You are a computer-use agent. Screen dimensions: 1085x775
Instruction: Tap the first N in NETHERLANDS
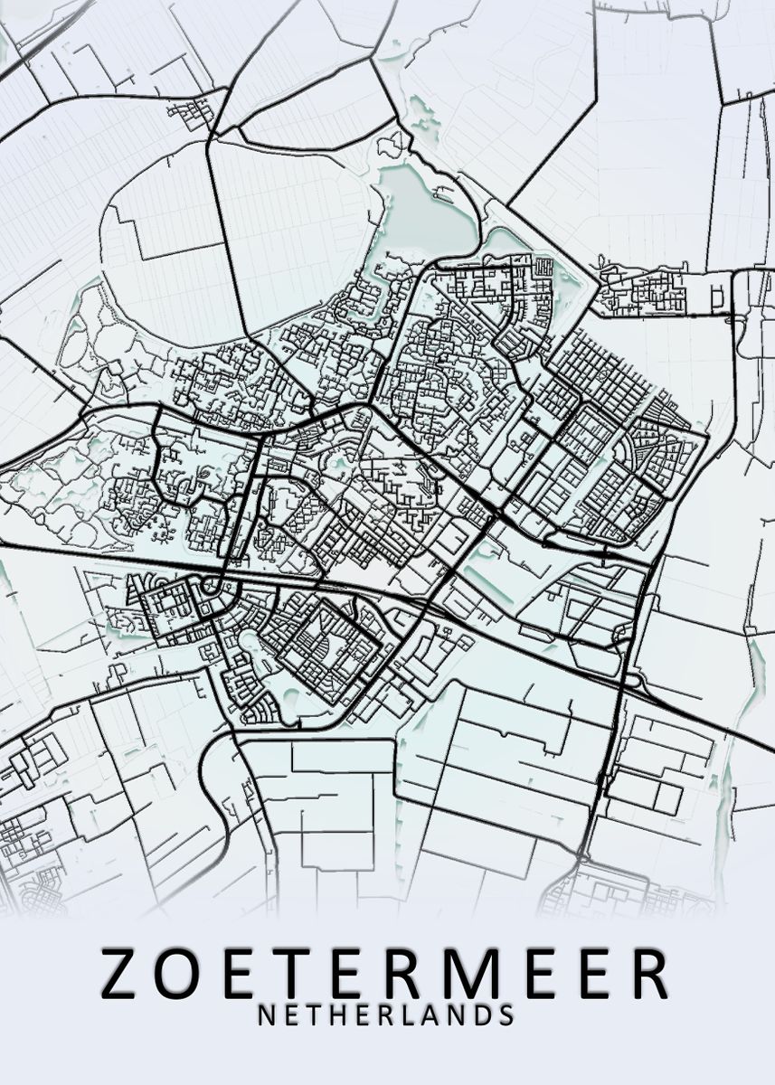point(268,1014)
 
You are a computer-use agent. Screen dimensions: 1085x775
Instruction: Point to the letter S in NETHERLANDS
point(504,1014)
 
